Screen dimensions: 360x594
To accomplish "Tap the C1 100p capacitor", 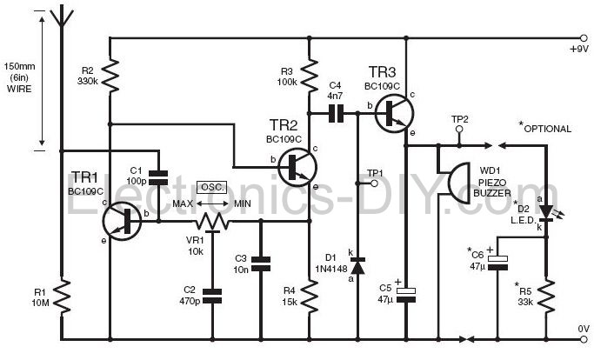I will (158, 177).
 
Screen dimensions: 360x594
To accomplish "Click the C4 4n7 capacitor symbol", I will (336, 112).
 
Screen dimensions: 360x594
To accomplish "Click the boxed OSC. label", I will (211, 187).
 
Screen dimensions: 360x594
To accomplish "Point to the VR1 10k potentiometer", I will (212, 223).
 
